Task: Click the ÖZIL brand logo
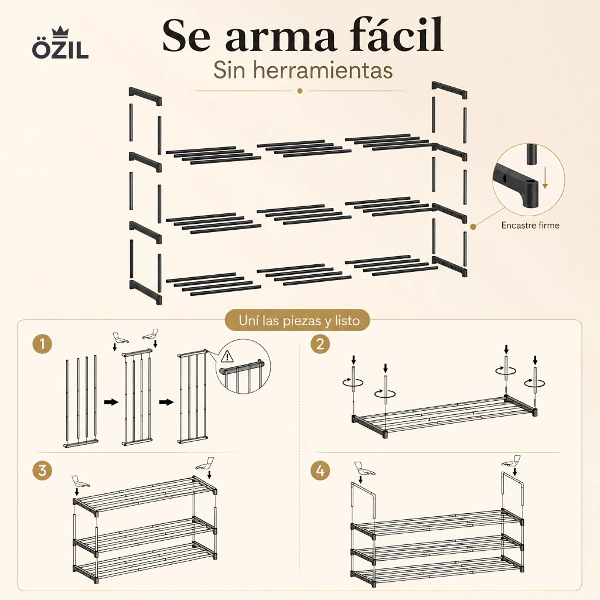60,43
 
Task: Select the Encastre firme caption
530,226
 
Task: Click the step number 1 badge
42,343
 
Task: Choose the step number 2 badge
321,343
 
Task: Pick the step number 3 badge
42,471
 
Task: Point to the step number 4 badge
321,471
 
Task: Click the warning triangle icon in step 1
227,356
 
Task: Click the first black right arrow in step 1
111,402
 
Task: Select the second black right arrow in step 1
166,402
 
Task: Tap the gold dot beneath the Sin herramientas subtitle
300,91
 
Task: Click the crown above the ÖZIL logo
60,31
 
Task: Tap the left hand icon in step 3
80,482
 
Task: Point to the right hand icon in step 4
512,461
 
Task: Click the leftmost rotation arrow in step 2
353,382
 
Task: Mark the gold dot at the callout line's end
473,227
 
